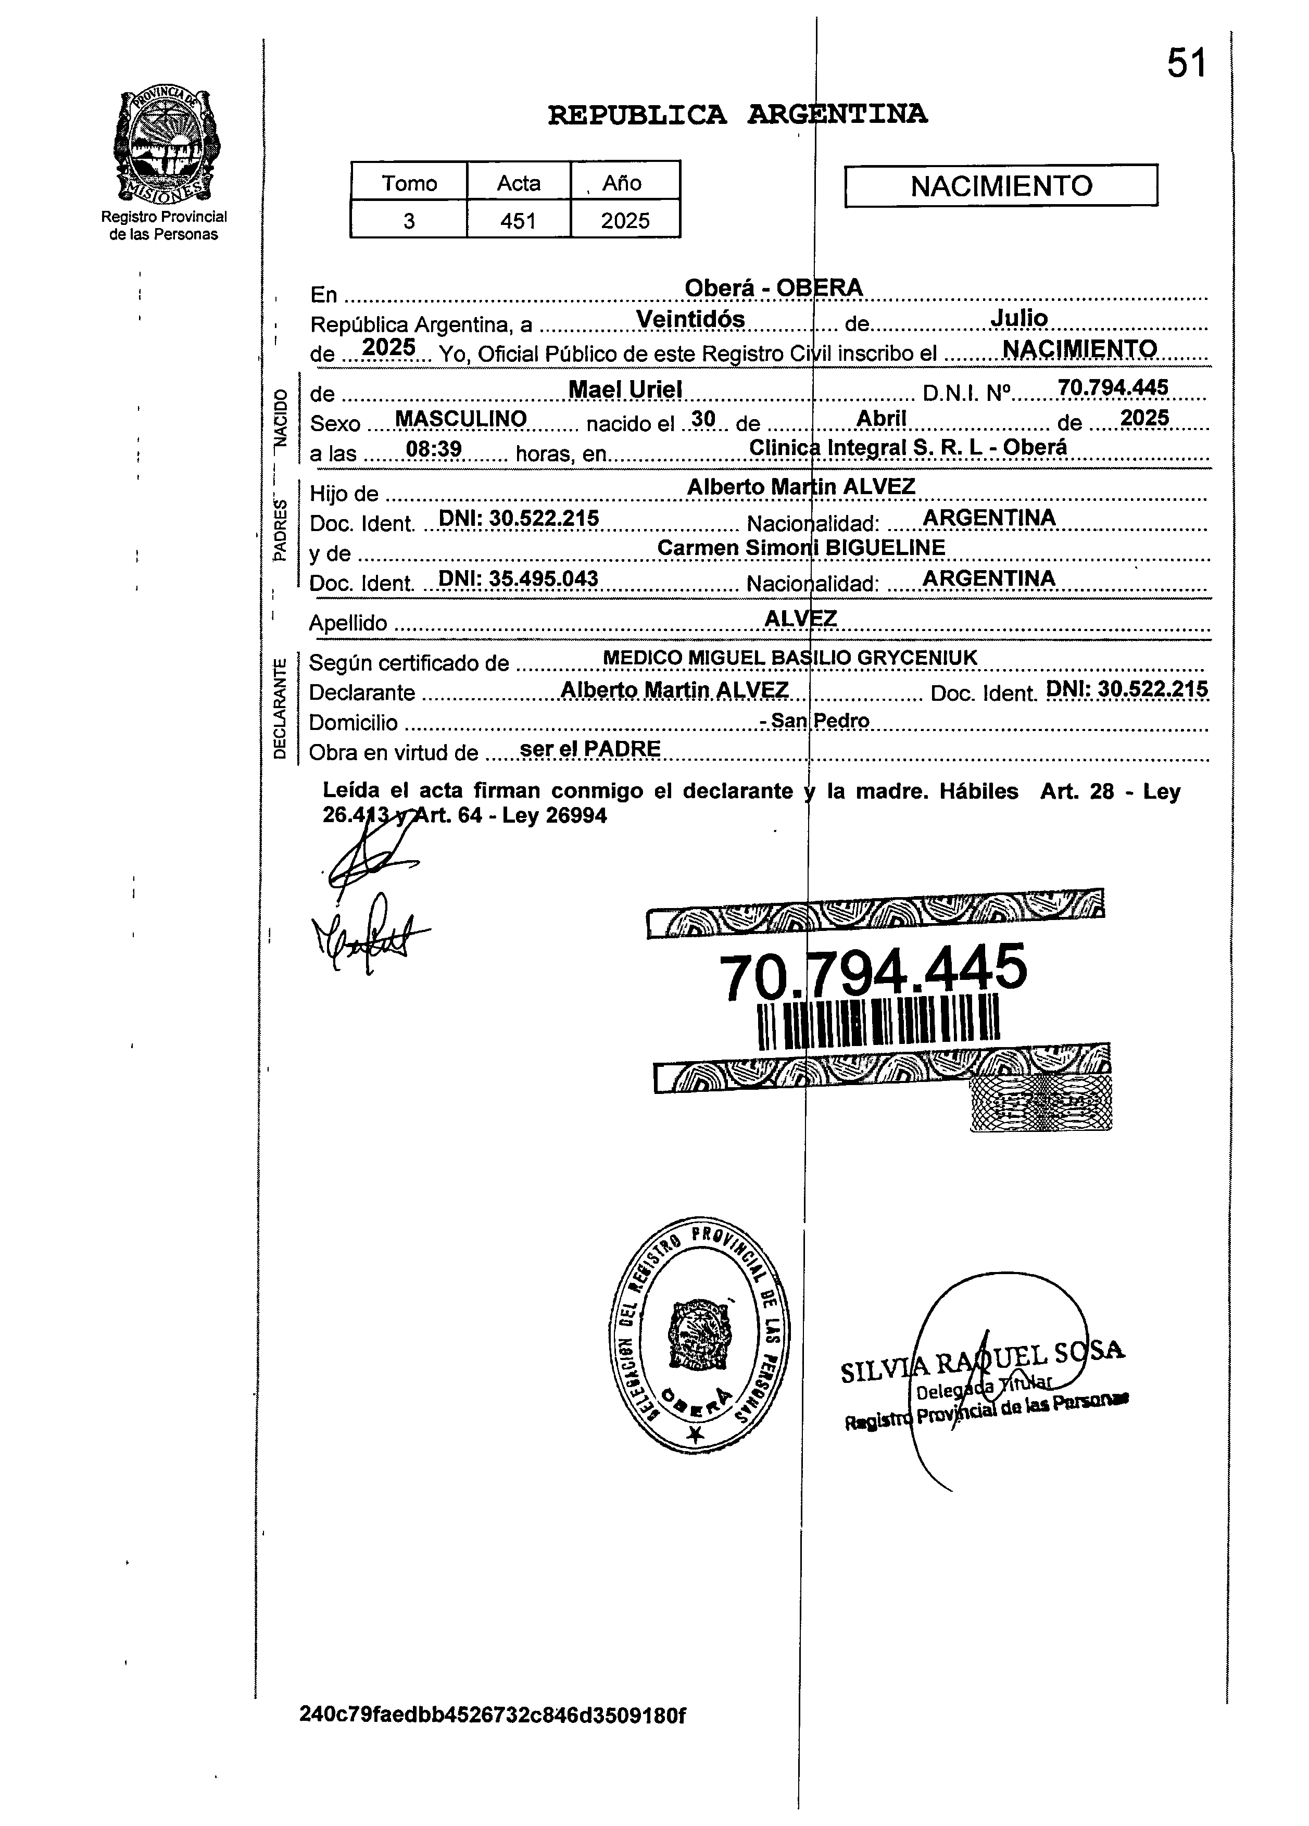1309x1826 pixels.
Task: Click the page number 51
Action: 1187,63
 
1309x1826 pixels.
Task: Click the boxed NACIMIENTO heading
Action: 1001,186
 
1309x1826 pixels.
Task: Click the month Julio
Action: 1018,318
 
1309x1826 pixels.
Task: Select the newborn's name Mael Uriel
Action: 625,389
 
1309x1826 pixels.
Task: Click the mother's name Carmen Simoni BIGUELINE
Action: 800,547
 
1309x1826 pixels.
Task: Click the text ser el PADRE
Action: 590,748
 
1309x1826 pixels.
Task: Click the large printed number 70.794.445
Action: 872,971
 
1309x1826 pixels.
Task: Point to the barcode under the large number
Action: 878,1023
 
